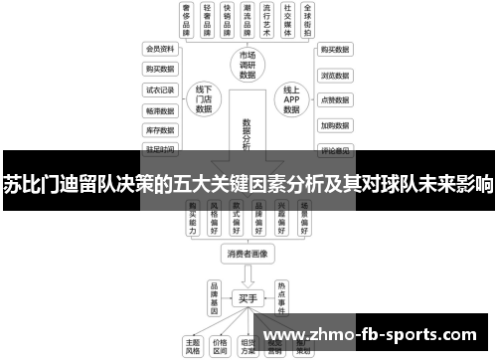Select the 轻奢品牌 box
pos(209,20)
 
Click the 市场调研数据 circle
pos(248,64)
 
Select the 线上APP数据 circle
pos(291,99)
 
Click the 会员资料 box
pos(159,49)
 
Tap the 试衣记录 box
pos(159,90)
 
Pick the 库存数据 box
pos(159,130)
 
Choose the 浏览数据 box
pos(334,74)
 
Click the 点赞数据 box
pos(334,99)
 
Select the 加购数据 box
pos(334,125)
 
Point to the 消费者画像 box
pos(248,254)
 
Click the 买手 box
pos(248,296)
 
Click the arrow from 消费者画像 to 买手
pos(248,274)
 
